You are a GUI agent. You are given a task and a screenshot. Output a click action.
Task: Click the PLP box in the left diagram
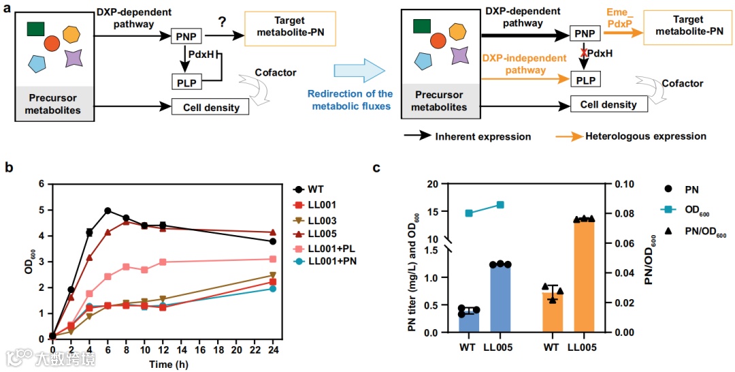tap(186, 83)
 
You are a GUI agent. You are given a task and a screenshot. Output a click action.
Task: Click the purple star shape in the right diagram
tap(459, 55)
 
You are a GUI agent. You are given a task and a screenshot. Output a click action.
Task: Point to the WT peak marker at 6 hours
tap(108, 211)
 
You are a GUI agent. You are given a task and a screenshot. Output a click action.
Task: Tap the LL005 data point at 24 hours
tap(272, 233)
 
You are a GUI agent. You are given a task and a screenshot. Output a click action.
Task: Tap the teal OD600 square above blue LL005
tap(500, 204)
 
